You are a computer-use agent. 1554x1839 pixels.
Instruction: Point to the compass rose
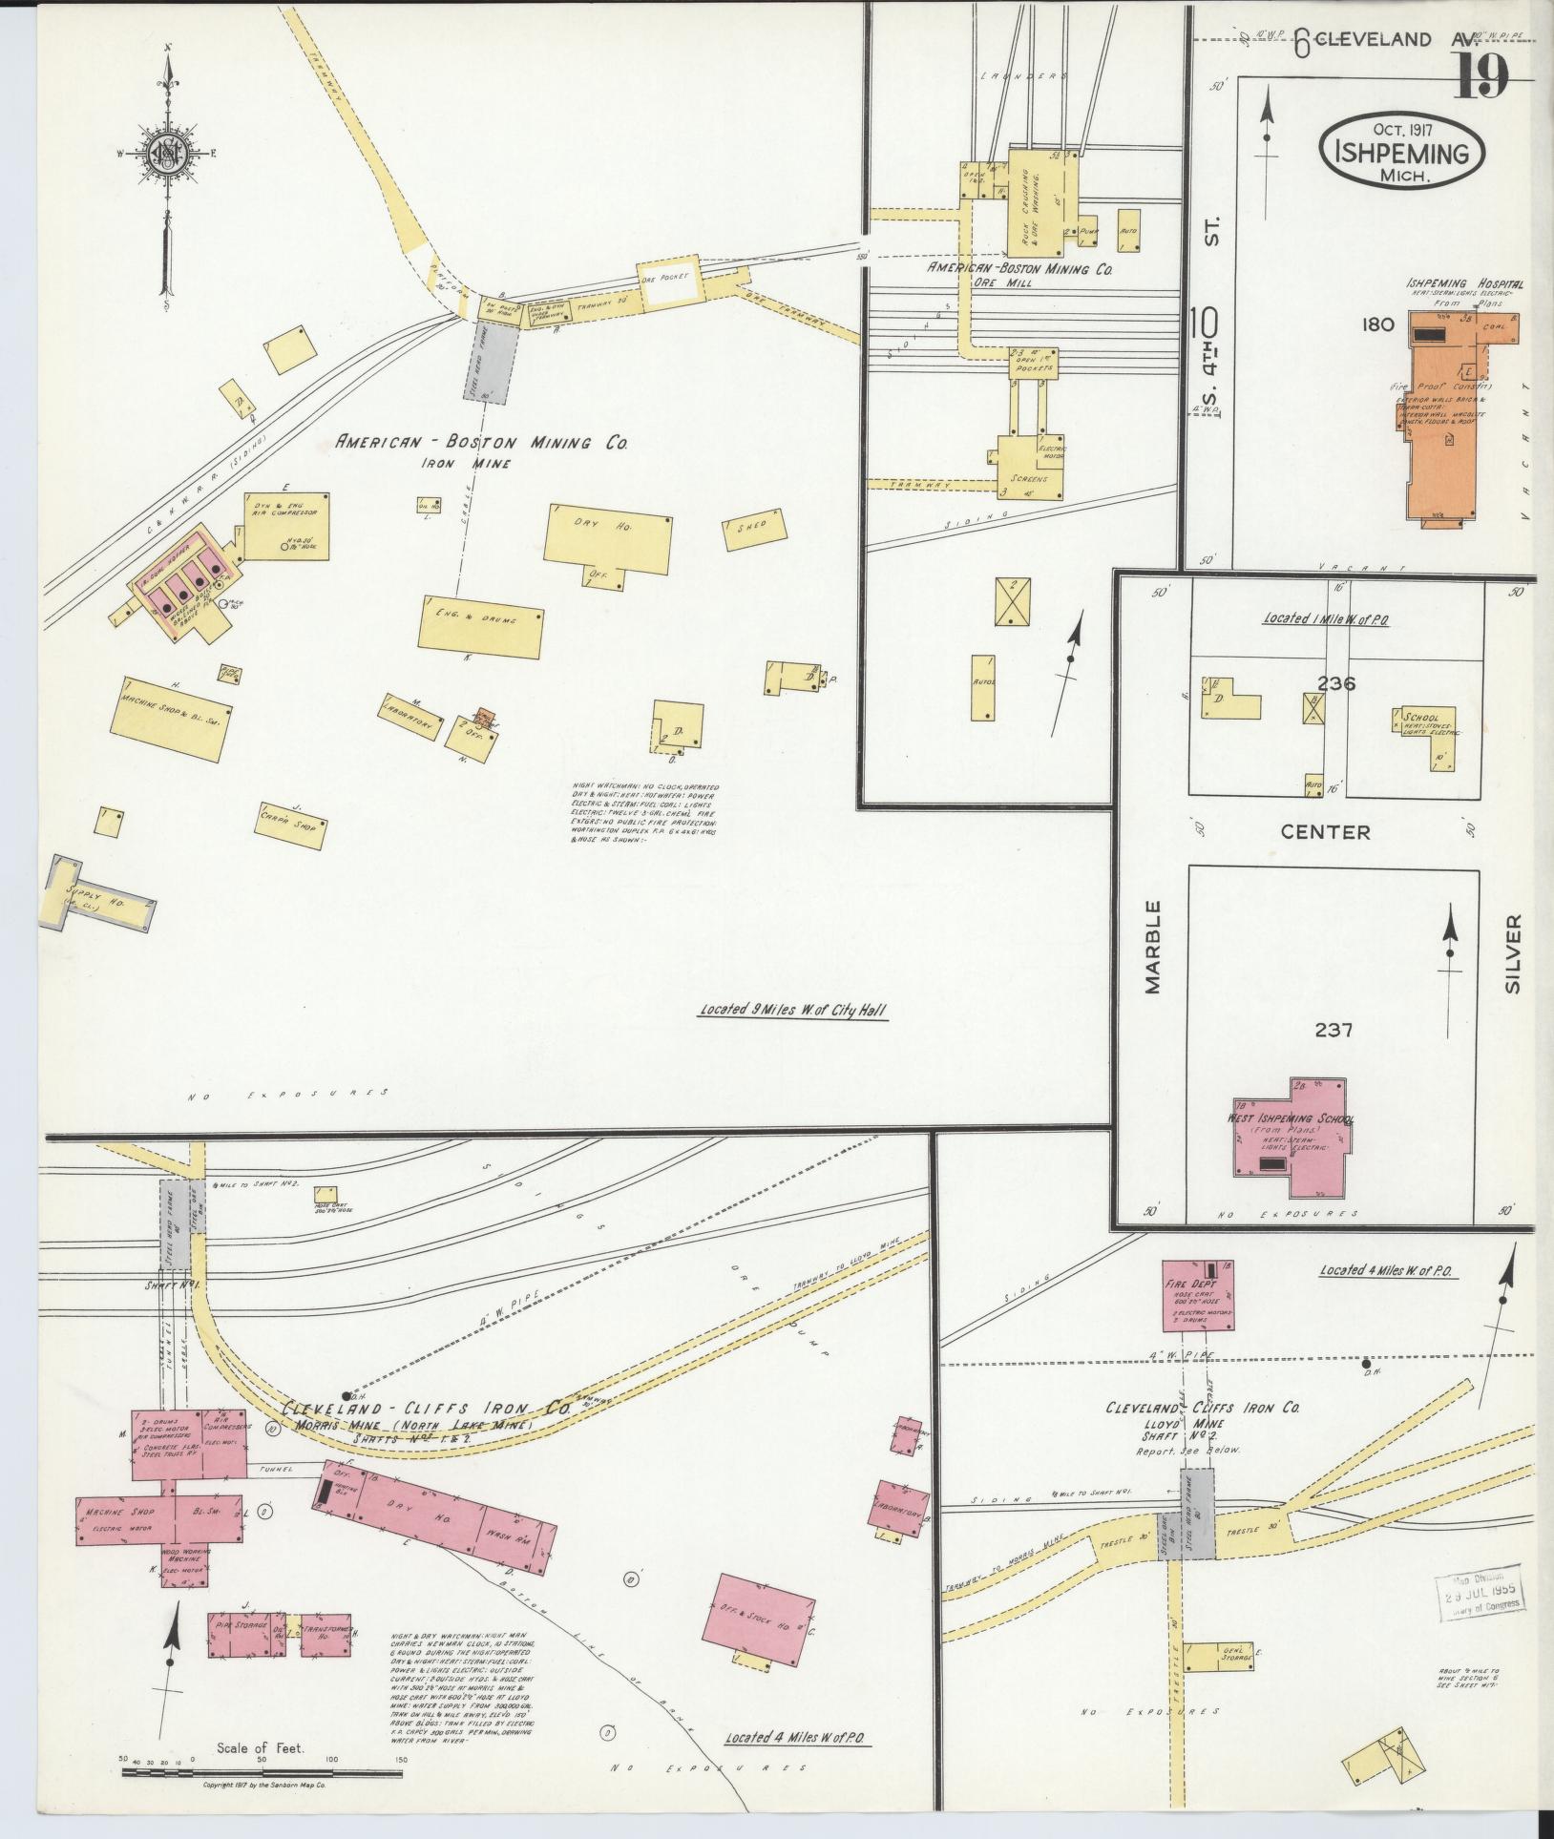[168, 153]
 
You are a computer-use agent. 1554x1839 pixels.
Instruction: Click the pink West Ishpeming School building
[1291, 1136]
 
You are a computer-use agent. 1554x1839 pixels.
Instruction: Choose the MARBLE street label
[1153, 947]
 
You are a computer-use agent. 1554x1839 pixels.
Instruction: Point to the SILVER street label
[1512, 954]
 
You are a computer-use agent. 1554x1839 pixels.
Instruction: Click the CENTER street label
[1325, 832]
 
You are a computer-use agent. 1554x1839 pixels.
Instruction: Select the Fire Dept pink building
[1197, 1296]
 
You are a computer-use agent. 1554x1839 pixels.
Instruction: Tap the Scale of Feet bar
[262, 1772]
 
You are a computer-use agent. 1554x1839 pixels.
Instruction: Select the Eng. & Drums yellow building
[481, 631]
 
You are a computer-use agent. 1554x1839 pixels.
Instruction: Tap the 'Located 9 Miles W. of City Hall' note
[793, 1010]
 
